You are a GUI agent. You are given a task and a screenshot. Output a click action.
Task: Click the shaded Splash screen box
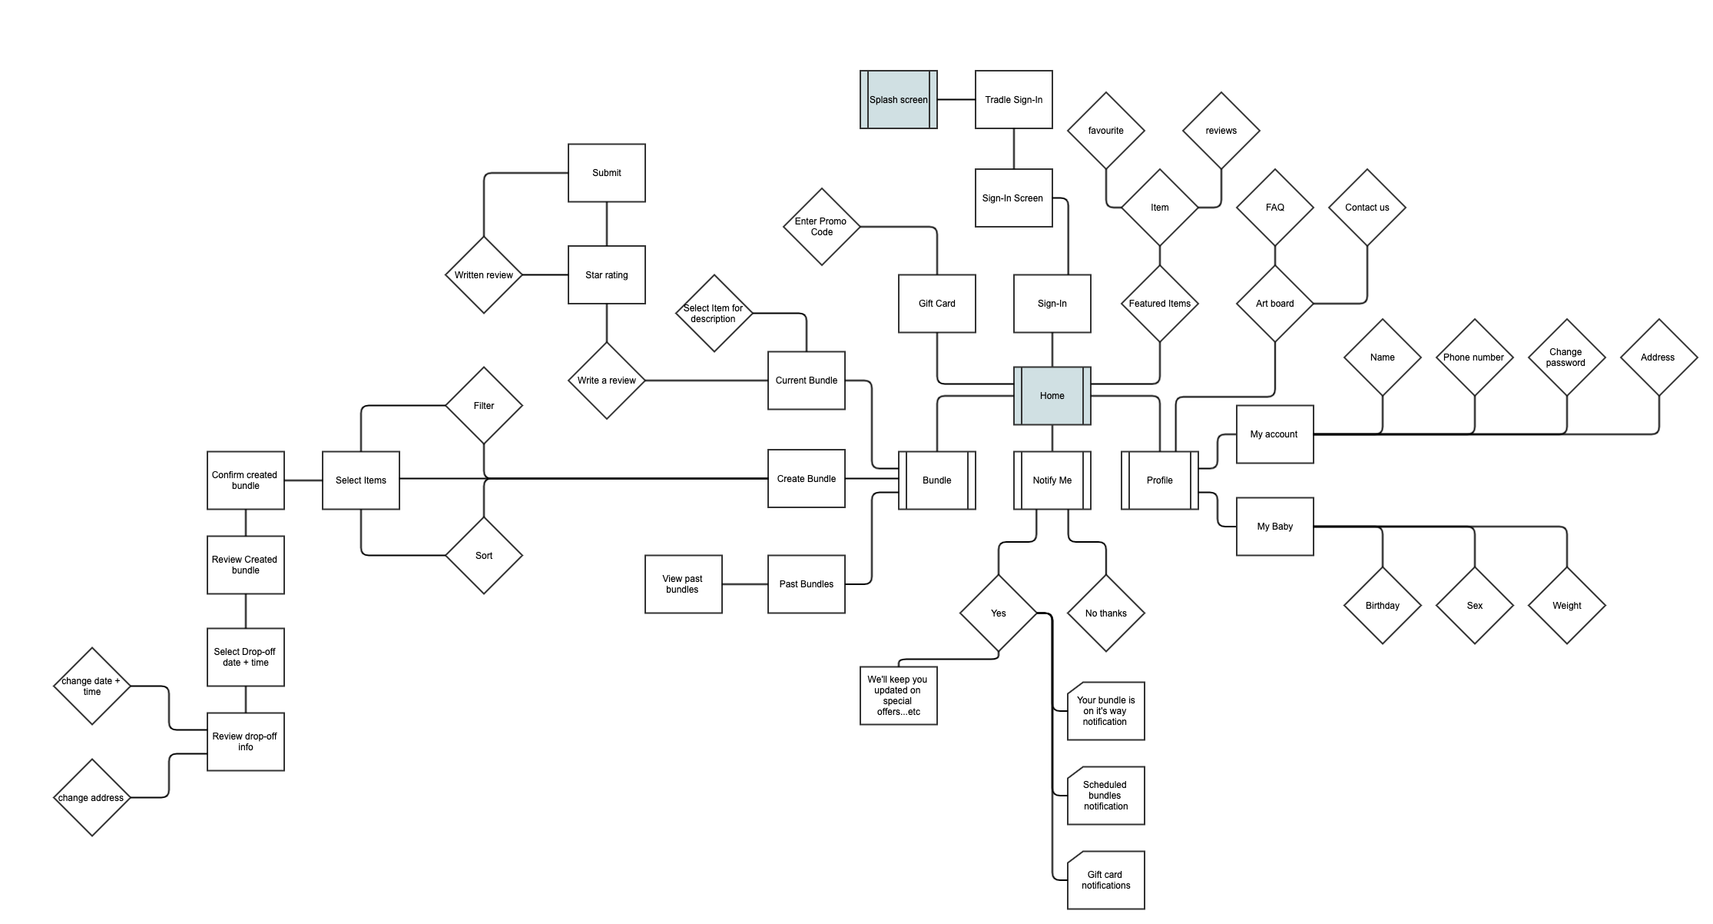pos(898,100)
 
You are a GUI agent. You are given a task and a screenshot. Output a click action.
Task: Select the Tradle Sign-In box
pos(1013,100)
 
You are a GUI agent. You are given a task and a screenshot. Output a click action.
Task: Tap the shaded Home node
pos(1052,396)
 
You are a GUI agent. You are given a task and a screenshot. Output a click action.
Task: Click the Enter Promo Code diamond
pos(821,227)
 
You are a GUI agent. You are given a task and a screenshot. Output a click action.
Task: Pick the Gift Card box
pos(936,304)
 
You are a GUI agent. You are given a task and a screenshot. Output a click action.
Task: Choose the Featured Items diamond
pos(1159,304)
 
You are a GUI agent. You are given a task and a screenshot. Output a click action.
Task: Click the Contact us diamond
pos(1367,208)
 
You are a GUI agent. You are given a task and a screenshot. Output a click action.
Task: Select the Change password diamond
pos(1566,357)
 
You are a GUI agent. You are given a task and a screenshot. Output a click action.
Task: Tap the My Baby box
pos(1274,527)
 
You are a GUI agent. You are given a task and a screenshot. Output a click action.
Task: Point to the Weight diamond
pos(1566,606)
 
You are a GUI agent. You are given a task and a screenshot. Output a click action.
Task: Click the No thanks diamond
pos(1105,613)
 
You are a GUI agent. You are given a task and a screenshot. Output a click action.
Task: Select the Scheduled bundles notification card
pos(1105,796)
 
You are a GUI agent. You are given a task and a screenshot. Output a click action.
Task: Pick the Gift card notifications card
pos(1105,880)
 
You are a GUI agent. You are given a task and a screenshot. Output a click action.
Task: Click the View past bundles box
pos(683,584)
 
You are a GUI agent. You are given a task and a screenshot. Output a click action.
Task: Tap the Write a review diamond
pos(606,381)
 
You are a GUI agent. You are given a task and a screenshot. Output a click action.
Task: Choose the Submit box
pos(606,173)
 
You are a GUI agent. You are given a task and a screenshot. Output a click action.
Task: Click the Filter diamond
pos(483,406)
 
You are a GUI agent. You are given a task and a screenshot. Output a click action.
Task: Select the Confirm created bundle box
pos(245,480)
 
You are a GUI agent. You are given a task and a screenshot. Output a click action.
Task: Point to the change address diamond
pos(91,798)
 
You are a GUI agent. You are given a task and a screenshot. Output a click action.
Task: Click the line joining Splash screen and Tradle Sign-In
pos(956,100)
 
